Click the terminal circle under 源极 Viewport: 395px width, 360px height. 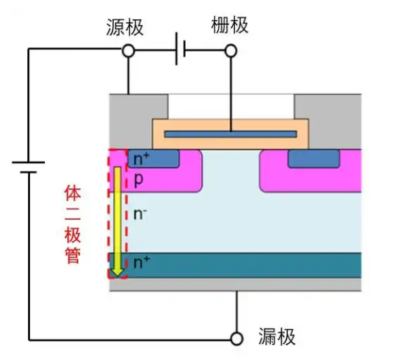click(x=128, y=51)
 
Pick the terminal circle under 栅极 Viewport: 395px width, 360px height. click(x=231, y=51)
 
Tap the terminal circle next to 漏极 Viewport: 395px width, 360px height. click(x=236, y=338)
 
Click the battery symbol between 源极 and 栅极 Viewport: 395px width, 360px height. click(x=180, y=51)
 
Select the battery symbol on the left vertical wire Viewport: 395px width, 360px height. click(x=28, y=167)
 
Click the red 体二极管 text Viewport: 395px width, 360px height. click(x=75, y=225)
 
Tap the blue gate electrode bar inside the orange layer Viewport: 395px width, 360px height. click(x=231, y=134)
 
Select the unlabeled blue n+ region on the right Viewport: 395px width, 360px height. click(x=314, y=158)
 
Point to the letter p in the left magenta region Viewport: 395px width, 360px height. click(x=138, y=179)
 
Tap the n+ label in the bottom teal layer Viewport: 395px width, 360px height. click(x=139, y=262)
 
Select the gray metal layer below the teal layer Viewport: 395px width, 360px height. click(x=235, y=284)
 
